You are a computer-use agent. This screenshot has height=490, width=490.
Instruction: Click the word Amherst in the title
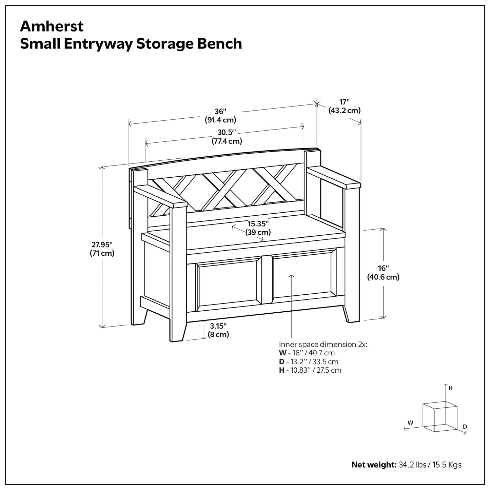click(x=52, y=26)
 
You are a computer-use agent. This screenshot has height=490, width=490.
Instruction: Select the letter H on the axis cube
click(x=451, y=388)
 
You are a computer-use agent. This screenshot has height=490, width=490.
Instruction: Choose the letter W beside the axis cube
click(x=410, y=423)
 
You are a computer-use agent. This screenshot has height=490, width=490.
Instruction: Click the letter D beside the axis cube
click(x=465, y=426)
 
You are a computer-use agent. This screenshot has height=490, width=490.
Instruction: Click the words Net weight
click(x=374, y=465)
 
